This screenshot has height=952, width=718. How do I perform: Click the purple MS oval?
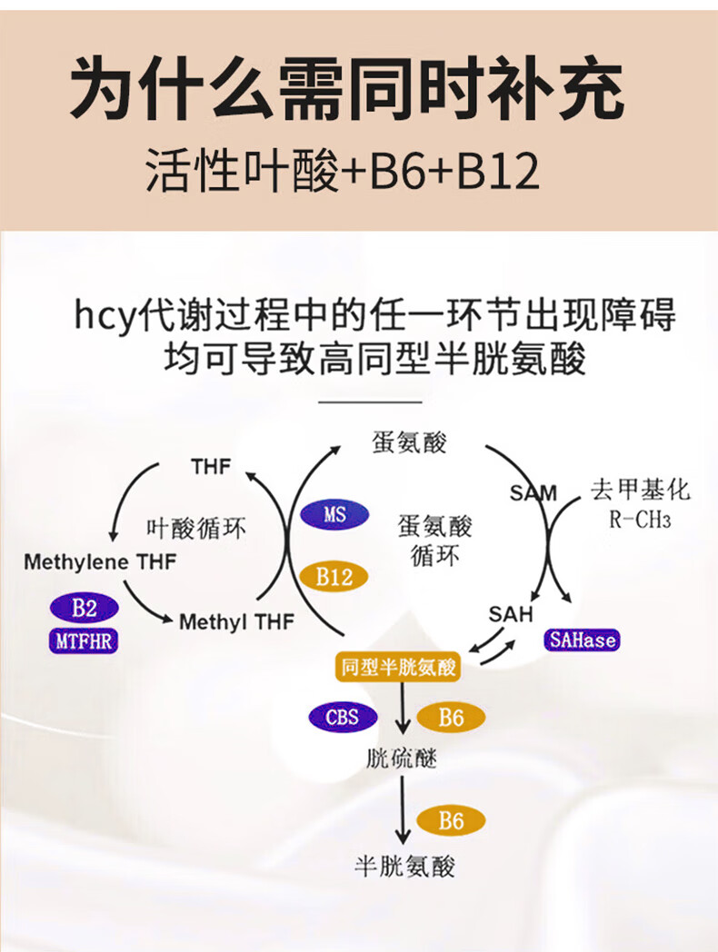pos(334,515)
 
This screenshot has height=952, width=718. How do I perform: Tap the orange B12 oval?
pos(334,576)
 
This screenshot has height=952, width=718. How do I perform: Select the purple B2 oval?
pos(84,609)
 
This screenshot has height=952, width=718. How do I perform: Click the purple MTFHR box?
pos(84,640)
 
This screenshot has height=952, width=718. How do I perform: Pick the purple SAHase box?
pos(583,640)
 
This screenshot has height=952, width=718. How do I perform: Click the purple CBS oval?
pos(342,718)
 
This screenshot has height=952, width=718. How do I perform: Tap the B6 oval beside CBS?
pos(451,718)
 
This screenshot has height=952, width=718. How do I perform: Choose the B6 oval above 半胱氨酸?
pos(451,821)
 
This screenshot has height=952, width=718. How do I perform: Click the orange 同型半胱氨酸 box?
pos(397,668)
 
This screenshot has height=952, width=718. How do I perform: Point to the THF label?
pos(211,467)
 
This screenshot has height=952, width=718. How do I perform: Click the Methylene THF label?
pos(100,561)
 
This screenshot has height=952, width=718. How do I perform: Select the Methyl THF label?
pos(236,622)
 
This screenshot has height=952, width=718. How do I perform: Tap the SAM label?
pos(533,493)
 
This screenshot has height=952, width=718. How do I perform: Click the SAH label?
pos(510,613)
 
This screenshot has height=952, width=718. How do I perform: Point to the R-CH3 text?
pos(640,521)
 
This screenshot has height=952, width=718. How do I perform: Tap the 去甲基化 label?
pos(640,491)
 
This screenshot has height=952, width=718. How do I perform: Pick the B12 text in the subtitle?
pos(498,173)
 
